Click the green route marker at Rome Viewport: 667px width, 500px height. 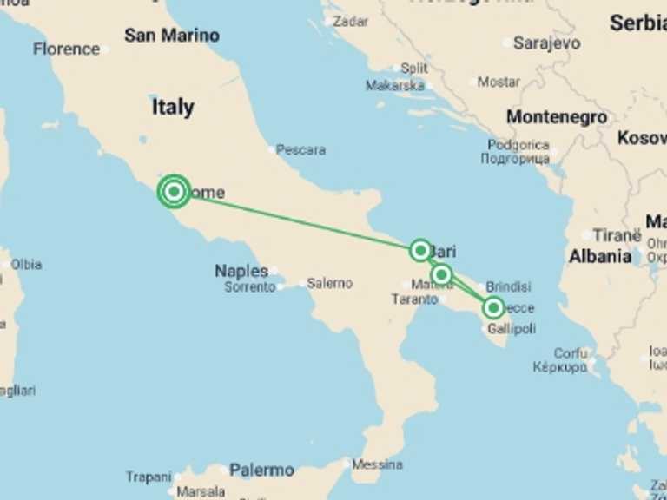(x=174, y=191)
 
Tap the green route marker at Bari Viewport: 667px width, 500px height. (x=420, y=251)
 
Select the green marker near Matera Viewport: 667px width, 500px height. (x=442, y=275)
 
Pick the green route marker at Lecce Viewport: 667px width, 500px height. (x=493, y=307)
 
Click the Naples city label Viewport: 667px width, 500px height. (x=241, y=272)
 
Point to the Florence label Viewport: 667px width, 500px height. (x=66, y=49)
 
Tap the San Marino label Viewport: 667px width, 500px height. (x=171, y=36)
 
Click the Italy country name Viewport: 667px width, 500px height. (x=173, y=108)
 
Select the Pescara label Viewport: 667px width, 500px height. (x=300, y=150)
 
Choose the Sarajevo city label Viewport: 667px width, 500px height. (x=546, y=43)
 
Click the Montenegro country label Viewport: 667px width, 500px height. (x=557, y=116)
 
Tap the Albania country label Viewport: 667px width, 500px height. (x=600, y=257)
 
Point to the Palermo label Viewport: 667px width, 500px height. (x=261, y=470)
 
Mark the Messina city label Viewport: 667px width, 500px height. (x=378, y=464)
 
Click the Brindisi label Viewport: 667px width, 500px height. (x=508, y=286)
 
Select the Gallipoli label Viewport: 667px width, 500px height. (x=511, y=330)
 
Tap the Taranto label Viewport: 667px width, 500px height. (x=414, y=299)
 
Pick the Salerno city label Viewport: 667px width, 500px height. (x=330, y=283)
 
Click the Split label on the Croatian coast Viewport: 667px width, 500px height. (x=413, y=68)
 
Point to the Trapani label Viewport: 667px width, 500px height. (x=149, y=477)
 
